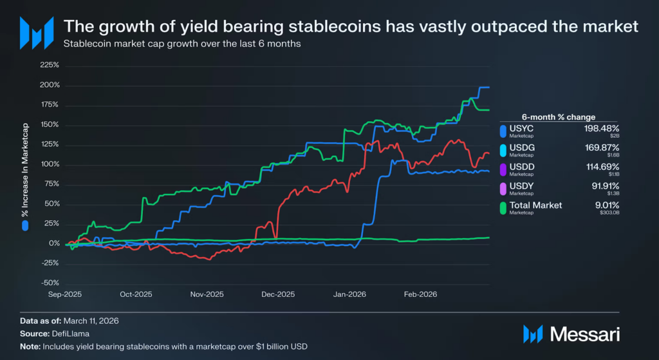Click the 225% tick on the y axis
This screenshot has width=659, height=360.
pyautogui.click(x=50, y=65)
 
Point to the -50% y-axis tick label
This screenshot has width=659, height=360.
pyautogui.click(x=50, y=283)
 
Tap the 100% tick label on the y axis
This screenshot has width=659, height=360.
pyautogui.click(x=50, y=164)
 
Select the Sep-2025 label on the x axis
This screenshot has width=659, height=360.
pyautogui.click(x=66, y=294)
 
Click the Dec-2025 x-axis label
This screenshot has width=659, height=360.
pyautogui.click(x=277, y=294)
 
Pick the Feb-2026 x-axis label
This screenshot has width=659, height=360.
pyautogui.click(x=420, y=294)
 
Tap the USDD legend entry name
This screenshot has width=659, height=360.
pyautogui.click(x=522, y=166)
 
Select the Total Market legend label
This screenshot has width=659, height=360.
pyautogui.click(x=535, y=205)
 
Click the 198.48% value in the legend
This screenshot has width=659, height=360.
pyautogui.click(x=601, y=128)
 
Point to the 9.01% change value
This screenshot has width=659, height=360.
pyautogui.click(x=606, y=205)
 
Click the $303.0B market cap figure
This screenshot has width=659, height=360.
pyautogui.click(x=609, y=213)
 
